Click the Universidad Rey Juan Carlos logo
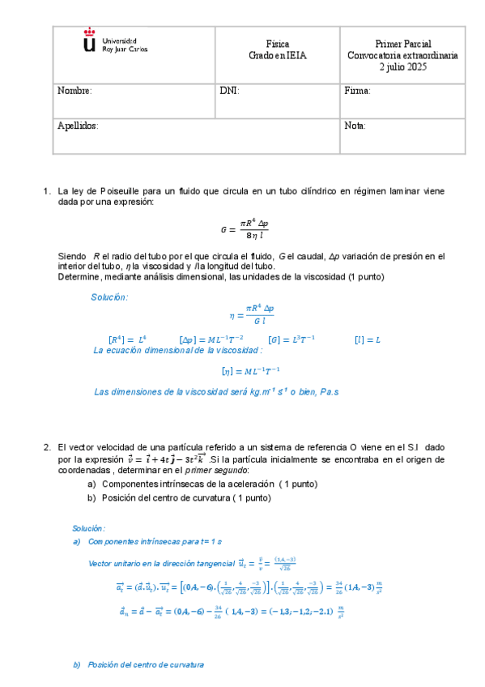pos(115,44)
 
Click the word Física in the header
pos(278,44)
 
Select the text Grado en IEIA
pos(278,56)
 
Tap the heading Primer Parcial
pos(402,44)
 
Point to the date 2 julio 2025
pos(402,68)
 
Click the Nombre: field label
pos(74,92)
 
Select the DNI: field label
pos(229,92)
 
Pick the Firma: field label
pos(357,92)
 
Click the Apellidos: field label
pos(78,126)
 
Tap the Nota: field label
pos(355,126)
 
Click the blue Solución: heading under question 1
pos(109,297)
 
